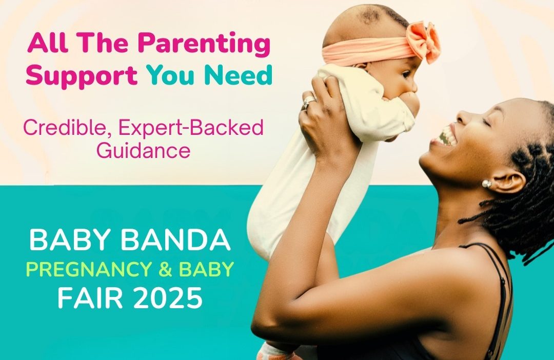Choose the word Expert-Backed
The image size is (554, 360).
tap(191, 128)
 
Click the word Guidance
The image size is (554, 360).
tap(144, 151)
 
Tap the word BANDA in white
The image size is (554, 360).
tap(175, 239)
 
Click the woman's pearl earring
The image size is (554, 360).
tap(486, 184)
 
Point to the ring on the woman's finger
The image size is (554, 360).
tap(308, 103)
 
